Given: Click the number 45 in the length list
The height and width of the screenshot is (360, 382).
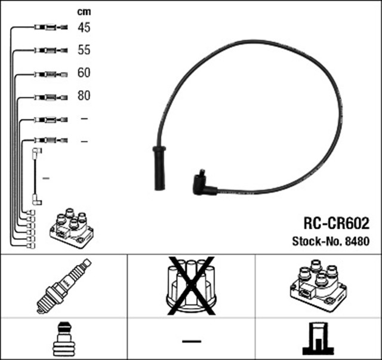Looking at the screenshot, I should [84, 27].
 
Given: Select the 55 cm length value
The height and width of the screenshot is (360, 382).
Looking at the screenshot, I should [84, 50].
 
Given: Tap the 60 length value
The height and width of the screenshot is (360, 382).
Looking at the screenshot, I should [84, 73].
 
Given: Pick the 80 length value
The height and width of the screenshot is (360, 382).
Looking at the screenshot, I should [84, 96].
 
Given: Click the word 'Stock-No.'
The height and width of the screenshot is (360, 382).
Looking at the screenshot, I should [316, 242].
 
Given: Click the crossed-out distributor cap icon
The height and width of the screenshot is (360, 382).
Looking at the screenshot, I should [192, 285].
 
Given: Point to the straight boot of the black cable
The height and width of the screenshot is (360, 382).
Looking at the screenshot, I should [159, 168].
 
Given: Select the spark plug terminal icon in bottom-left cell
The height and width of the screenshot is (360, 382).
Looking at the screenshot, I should [63, 339].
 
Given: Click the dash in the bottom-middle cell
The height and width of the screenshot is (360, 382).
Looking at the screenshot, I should [192, 340].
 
